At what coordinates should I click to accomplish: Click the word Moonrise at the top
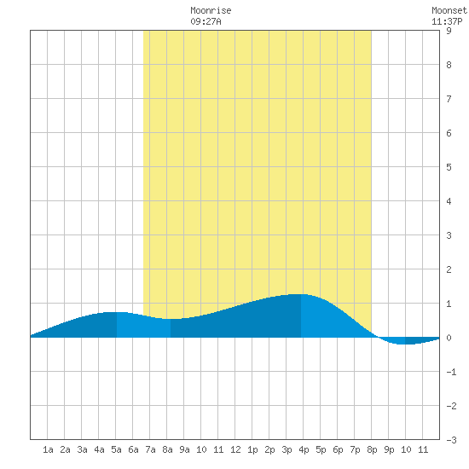click(211, 11)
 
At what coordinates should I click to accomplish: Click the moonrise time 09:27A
click(206, 21)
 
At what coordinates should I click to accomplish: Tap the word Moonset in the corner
click(449, 11)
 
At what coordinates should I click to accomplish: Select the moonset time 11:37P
click(447, 21)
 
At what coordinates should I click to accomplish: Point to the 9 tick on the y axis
click(449, 31)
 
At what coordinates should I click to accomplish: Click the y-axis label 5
click(449, 167)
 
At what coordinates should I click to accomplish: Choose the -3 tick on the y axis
click(451, 440)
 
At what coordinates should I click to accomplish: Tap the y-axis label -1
click(451, 372)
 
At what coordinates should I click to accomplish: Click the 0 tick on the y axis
click(449, 338)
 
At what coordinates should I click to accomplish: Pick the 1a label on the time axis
click(48, 449)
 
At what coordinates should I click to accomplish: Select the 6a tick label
click(133, 449)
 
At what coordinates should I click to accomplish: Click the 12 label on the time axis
click(235, 449)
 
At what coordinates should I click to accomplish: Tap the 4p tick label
click(304, 449)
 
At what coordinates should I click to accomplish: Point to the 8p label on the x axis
click(372, 449)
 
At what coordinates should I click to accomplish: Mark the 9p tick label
click(389, 449)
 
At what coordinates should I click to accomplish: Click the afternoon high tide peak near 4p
click(299, 295)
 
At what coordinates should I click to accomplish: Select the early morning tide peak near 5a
click(115, 312)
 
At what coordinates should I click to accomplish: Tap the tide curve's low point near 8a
click(172, 319)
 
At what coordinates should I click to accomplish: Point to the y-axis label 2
click(449, 269)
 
